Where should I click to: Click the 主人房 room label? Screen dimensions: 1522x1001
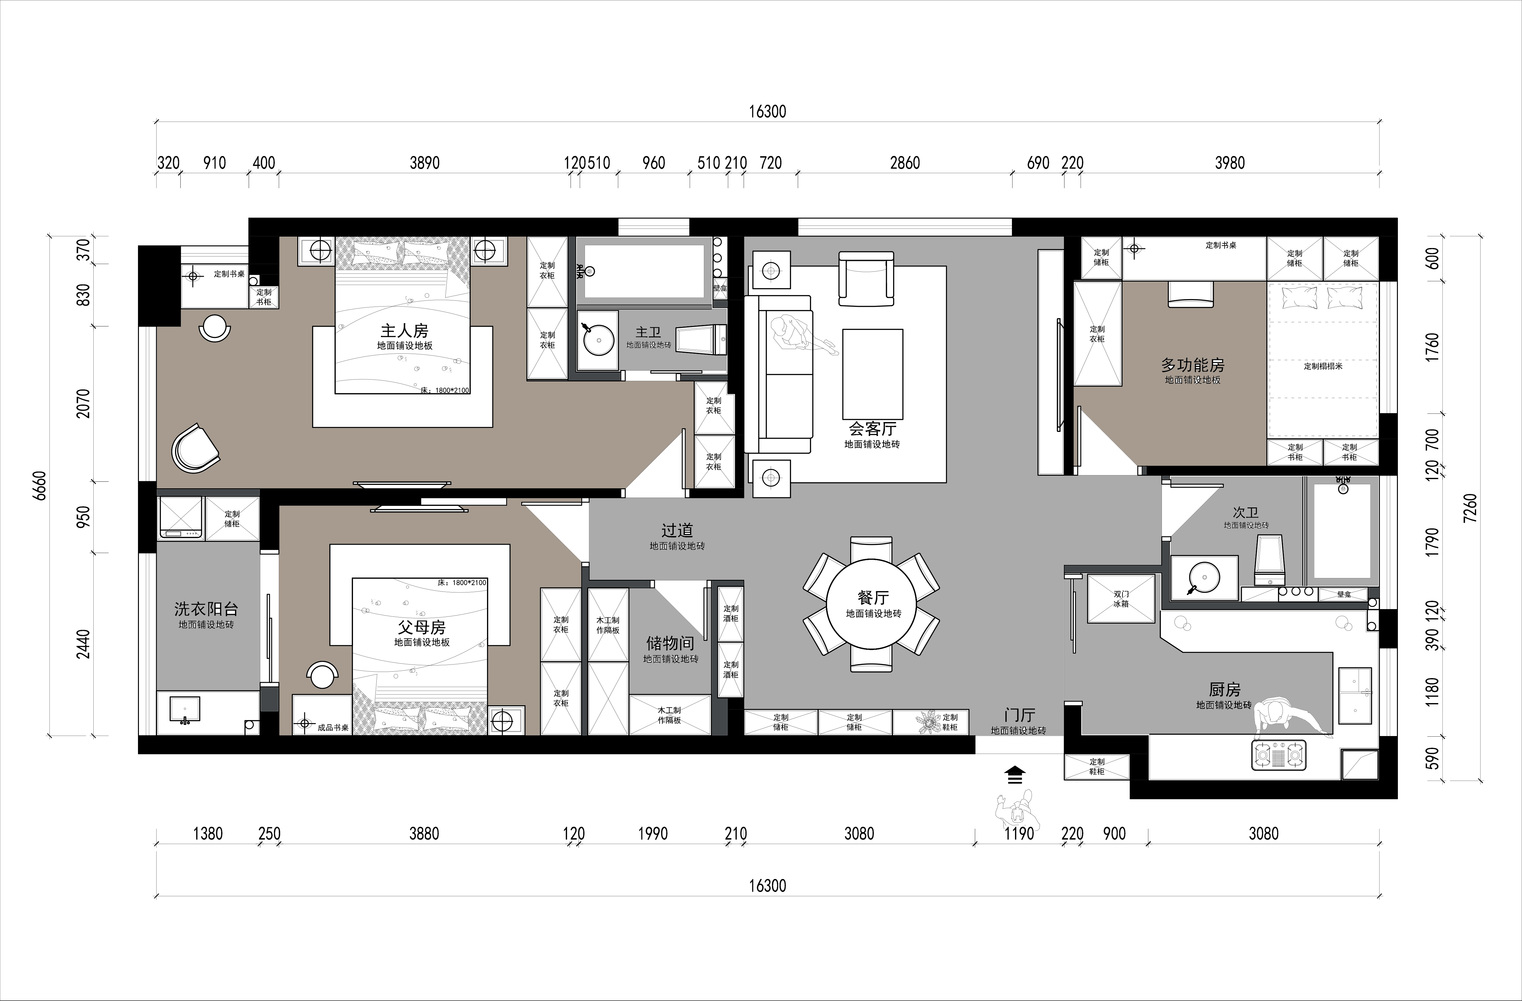[x=404, y=331]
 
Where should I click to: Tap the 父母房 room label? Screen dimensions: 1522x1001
[x=421, y=628]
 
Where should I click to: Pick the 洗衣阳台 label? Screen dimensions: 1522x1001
[x=206, y=609]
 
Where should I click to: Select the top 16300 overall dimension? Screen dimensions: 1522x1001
[x=767, y=111]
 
